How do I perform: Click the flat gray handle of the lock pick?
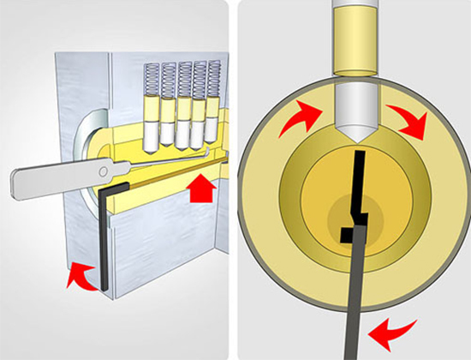click(x=51, y=177)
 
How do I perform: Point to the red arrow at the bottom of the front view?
click(x=390, y=329)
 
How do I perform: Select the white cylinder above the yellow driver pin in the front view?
click(x=353, y=14)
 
